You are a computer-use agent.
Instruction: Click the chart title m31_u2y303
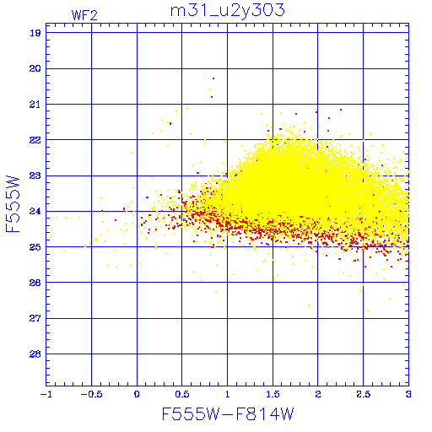point(228,11)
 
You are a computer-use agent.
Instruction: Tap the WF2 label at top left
point(84,15)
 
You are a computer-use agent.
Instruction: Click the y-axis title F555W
point(13,204)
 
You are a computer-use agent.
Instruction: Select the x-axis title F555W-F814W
point(228,414)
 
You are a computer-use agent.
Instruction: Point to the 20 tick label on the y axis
point(35,68)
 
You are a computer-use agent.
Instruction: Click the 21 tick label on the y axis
point(35,105)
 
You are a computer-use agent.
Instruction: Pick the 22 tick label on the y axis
point(35,140)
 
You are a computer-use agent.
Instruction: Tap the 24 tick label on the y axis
point(35,211)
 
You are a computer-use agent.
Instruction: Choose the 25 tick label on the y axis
point(35,247)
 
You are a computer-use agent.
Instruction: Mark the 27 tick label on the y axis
point(35,318)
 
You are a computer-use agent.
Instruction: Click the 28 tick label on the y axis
point(35,354)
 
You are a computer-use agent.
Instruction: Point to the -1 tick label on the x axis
point(46,394)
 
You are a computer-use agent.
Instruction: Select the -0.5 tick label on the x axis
point(91,394)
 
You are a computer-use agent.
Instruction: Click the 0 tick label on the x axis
point(137,394)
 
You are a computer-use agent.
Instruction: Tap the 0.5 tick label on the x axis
point(182,394)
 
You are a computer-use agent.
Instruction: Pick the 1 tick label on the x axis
point(228,394)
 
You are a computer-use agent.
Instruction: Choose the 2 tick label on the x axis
point(318,394)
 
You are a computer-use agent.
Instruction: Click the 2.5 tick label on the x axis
point(363,394)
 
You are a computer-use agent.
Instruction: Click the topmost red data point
point(213,78)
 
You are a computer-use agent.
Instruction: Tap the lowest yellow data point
point(368,310)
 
